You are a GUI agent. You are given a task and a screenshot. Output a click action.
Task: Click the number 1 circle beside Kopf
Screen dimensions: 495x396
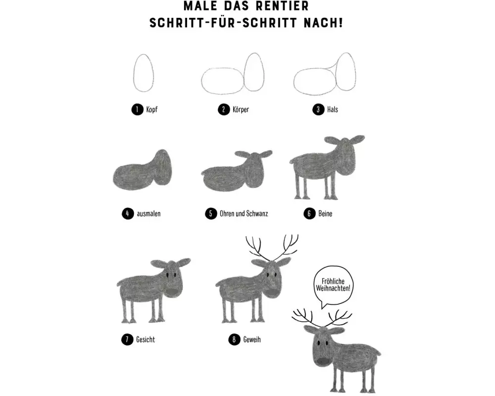(x=137, y=109)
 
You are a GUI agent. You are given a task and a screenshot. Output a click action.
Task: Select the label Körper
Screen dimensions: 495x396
(x=241, y=109)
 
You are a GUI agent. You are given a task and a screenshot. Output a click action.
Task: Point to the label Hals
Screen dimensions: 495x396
(x=333, y=109)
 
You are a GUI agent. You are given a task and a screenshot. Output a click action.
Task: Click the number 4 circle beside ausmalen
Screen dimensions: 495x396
(x=128, y=213)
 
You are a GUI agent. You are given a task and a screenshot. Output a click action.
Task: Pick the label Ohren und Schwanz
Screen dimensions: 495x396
(x=244, y=213)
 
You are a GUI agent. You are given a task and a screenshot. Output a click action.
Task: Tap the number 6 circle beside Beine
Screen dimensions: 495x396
(x=309, y=213)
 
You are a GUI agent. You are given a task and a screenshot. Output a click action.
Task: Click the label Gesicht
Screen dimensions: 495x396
(x=146, y=340)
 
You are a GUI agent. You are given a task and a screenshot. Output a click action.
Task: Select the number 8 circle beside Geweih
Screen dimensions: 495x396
(x=234, y=340)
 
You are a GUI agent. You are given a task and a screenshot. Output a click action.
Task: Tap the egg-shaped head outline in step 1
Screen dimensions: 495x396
(x=134, y=73)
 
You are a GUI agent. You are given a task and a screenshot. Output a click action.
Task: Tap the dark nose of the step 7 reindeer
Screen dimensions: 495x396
(x=172, y=292)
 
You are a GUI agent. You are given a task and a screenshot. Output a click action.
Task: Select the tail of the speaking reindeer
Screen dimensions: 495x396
(x=378, y=353)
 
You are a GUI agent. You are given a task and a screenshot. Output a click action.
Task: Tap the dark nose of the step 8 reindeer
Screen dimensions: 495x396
(x=272, y=293)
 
